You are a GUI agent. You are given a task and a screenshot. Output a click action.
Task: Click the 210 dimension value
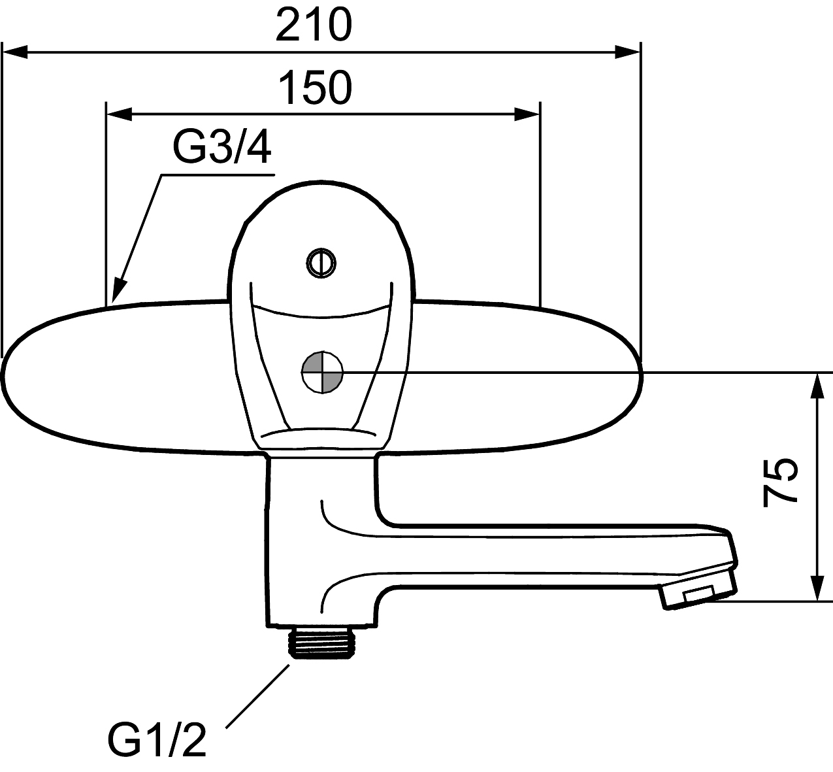[x=314, y=25]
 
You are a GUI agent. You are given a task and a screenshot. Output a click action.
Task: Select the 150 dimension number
[x=315, y=88]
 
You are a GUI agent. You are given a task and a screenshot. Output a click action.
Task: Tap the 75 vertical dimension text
[x=779, y=483]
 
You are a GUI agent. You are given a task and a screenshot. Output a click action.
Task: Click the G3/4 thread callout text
[x=221, y=147]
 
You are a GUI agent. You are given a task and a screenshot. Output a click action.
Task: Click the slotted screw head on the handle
[x=321, y=263]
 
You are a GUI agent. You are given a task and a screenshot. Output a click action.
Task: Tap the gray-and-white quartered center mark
[x=322, y=373]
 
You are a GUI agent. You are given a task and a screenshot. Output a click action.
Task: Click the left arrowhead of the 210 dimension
[x=14, y=52]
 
